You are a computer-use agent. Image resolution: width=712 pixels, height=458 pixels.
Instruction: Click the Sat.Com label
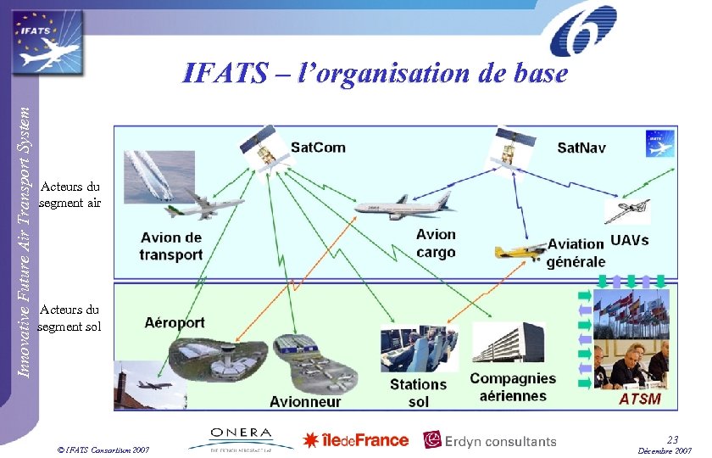[x=318, y=148]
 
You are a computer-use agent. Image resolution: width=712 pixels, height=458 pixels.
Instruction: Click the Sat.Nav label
[x=581, y=148]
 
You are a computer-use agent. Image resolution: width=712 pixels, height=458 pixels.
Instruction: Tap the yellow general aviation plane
[x=520, y=252]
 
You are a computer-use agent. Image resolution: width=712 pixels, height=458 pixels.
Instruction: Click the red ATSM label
[x=640, y=398]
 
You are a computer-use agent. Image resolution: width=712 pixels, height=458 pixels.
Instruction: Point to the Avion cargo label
[x=436, y=243]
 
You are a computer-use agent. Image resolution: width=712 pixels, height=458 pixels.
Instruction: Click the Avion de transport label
[x=171, y=246]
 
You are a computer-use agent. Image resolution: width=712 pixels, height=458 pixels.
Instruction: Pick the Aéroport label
[x=175, y=322]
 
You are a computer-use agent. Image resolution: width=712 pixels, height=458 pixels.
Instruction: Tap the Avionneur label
[x=305, y=401]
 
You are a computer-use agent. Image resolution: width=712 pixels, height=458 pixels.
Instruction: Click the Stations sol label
[x=418, y=393]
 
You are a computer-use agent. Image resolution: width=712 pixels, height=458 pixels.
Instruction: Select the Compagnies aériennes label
[x=513, y=387]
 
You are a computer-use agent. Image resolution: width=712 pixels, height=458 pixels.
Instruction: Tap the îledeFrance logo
[x=356, y=440]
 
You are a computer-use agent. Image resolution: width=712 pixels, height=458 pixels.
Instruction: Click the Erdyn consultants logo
[x=490, y=441]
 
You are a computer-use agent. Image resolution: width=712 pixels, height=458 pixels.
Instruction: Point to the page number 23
[x=672, y=439]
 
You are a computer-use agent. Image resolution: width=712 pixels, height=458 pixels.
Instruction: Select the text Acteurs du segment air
[x=70, y=194]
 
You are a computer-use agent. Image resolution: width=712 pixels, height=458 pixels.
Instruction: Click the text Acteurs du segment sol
[x=70, y=318]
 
